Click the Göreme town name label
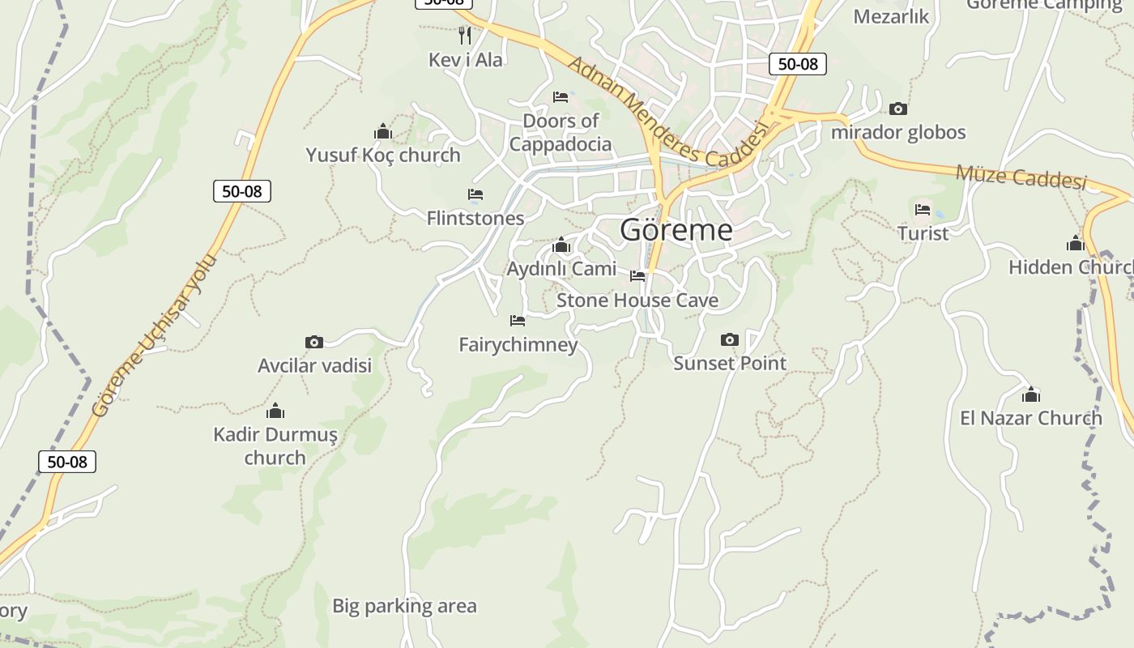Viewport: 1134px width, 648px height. coord(676,230)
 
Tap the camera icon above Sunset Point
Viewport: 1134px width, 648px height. coord(730,339)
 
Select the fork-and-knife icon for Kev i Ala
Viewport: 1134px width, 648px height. coord(465,36)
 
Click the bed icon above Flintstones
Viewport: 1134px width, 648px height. coord(475,194)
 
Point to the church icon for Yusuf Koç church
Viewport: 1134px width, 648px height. coord(383,131)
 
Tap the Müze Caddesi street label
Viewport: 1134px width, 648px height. coord(1021,176)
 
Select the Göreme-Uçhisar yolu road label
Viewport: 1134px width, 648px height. coord(155,335)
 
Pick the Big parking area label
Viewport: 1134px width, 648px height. coord(404,606)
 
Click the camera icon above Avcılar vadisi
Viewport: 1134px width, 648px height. coord(314,342)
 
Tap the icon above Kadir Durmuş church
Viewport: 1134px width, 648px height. coord(275,411)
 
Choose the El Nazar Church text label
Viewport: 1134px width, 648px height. coord(1030,418)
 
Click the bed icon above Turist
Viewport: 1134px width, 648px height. coord(923,210)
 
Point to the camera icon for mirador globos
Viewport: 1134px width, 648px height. coord(898,109)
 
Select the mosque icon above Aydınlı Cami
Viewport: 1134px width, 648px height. coord(561,245)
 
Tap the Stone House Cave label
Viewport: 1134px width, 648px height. coord(637,301)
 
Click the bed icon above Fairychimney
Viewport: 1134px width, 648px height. coord(518,321)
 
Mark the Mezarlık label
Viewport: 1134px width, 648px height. coord(891,16)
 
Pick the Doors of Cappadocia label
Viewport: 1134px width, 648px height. coord(561,133)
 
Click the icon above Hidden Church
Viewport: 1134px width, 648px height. coord(1076,243)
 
